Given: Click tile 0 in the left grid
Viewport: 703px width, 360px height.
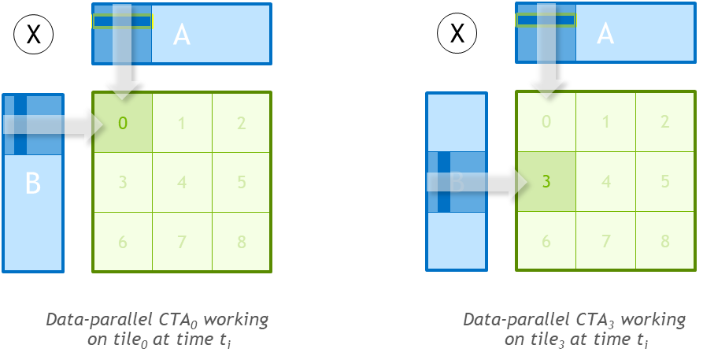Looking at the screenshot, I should click(x=122, y=123).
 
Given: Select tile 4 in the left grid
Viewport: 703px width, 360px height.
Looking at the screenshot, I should click(x=182, y=183).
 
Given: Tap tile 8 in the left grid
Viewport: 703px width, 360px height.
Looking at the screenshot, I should click(x=241, y=242).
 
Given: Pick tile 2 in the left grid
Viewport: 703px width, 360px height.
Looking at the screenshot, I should click(x=241, y=123).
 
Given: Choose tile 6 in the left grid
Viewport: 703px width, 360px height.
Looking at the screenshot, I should click(x=122, y=242).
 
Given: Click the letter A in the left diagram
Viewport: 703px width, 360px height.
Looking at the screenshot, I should click(x=182, y=35).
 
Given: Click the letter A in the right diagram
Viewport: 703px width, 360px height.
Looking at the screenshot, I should click(x=605, y=34).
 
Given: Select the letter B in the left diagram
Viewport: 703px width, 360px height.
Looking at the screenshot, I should click(x=32, y=183).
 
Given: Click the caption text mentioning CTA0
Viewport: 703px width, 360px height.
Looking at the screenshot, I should click(x=157, y=329).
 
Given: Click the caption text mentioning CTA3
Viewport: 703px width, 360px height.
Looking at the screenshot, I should click(x=574, y=329).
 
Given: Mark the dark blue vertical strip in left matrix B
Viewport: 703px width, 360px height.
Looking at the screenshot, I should click(x=20, y=124).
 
